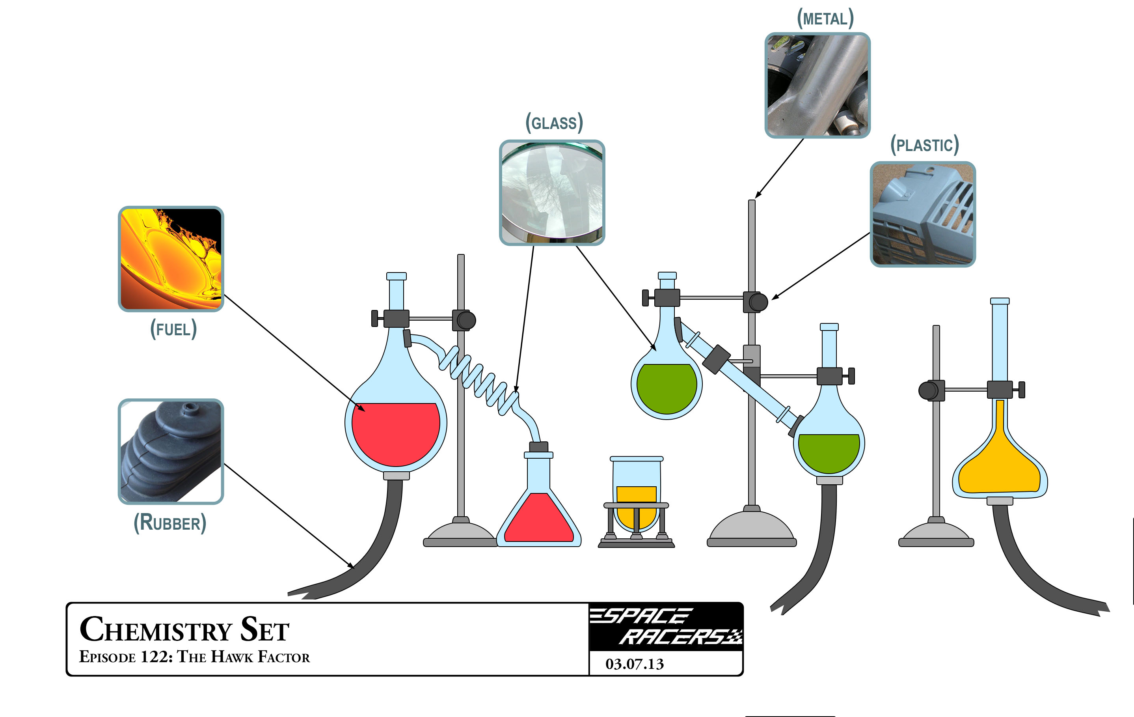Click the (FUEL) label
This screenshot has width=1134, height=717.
point(173,329)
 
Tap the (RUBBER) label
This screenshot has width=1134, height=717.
point(170,523)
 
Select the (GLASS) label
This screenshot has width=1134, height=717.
point(554,123)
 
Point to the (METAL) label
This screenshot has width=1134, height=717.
point(825,19)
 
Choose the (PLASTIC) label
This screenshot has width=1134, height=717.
point(924,145)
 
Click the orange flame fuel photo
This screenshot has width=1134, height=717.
point(171,259)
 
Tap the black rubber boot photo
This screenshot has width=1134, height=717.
point(171,451)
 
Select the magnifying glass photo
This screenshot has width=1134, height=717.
point(552,192)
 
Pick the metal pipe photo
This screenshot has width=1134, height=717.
point(817,85)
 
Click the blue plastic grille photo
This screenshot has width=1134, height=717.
point(923,214)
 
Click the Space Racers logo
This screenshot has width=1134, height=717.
point(666,627)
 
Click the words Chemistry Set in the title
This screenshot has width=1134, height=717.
point(184,629)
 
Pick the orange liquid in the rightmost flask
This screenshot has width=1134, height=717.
point(999,467)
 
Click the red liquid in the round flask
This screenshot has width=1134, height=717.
point(396,433)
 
